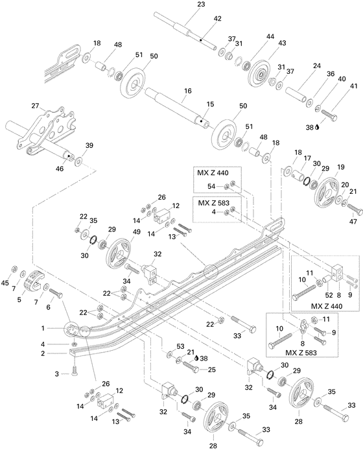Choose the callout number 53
pos(181,347)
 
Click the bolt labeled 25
pos(194,366)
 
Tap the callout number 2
pos(61,353)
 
